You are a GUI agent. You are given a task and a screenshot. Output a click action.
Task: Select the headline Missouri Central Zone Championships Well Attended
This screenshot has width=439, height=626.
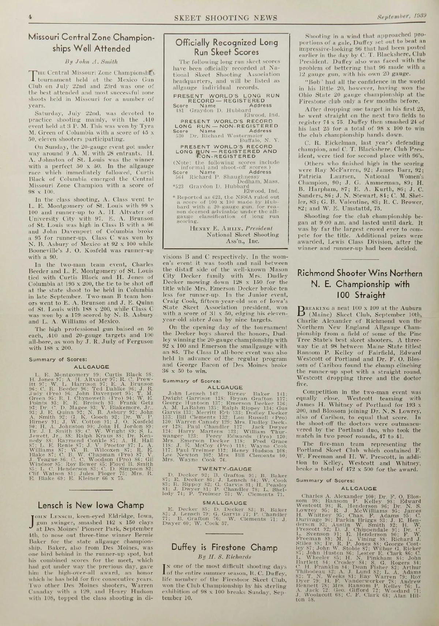click(x=91, y=42)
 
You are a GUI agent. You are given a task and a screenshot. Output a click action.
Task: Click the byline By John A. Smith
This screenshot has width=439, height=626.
click(x=91, y=61)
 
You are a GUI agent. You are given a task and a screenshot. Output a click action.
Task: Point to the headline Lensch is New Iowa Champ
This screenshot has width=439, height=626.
click(x=91, y=506)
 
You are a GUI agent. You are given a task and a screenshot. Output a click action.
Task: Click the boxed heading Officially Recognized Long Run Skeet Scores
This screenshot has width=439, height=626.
click(x=227, y=47)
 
